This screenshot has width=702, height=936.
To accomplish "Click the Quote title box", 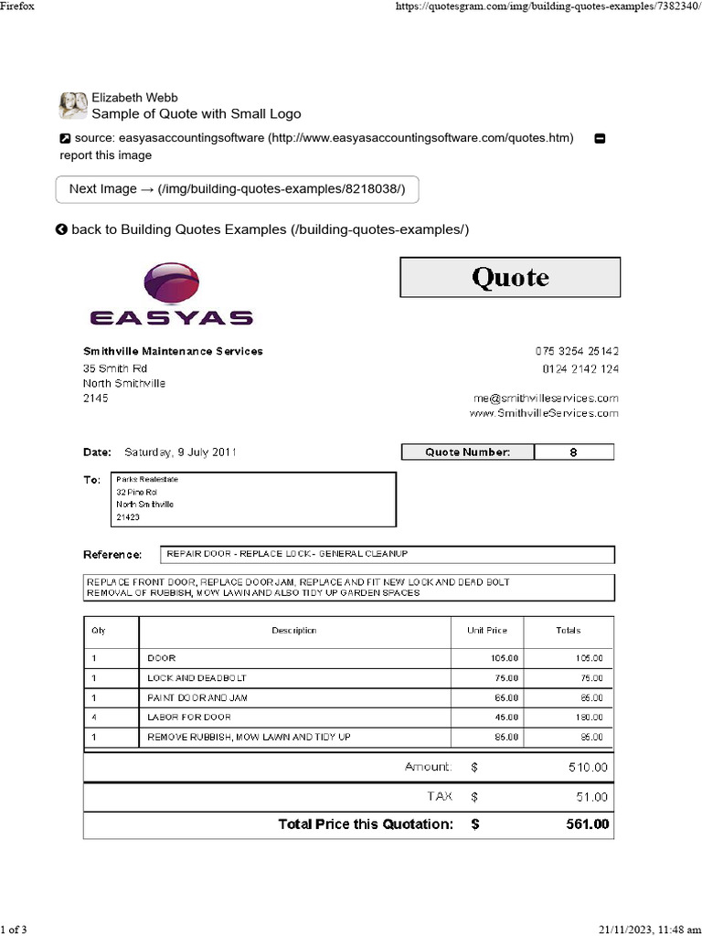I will pyautogui.click(x=510, y=277).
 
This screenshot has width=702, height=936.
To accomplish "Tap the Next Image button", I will pyautogui.click(x=238, y=189).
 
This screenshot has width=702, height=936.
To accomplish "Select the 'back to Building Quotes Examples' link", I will pyautogui.click(x=262, y=229).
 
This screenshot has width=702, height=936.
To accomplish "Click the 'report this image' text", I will pyautogui.click(x=106, y=155).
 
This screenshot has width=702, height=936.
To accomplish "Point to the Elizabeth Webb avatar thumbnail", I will pyautogui.click(x=73, y=106).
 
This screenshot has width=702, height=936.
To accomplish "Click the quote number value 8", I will pyautogui.click(x=573, y=452).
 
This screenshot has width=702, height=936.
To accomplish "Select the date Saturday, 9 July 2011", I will pyautogui.click(x=182, y=452).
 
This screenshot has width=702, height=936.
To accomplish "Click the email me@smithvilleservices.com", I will pyautogui.click(x=545, y=398).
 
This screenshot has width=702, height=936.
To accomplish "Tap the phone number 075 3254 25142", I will pyautogui.click(x=576, y=352).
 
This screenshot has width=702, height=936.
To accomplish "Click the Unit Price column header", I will pyautogui.click(x=486, y=631).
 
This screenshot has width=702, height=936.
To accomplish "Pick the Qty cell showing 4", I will pyautogui.click(x=93, y=718).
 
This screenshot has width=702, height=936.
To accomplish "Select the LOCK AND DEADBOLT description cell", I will pyautogui.click(x=197, y=678).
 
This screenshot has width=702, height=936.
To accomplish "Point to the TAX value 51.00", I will pyautogui.click(x=590, y=797).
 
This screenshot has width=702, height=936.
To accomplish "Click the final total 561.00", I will pyautogui.click(x=587, y=824).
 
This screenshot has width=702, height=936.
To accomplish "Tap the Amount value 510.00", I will pyautogui.click(x=587, y=768).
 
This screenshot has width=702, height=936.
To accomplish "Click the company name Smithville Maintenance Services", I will pyautogui.click(x=173, y=351).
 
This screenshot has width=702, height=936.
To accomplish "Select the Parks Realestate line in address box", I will pyautogui.click(x=146, y=478).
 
